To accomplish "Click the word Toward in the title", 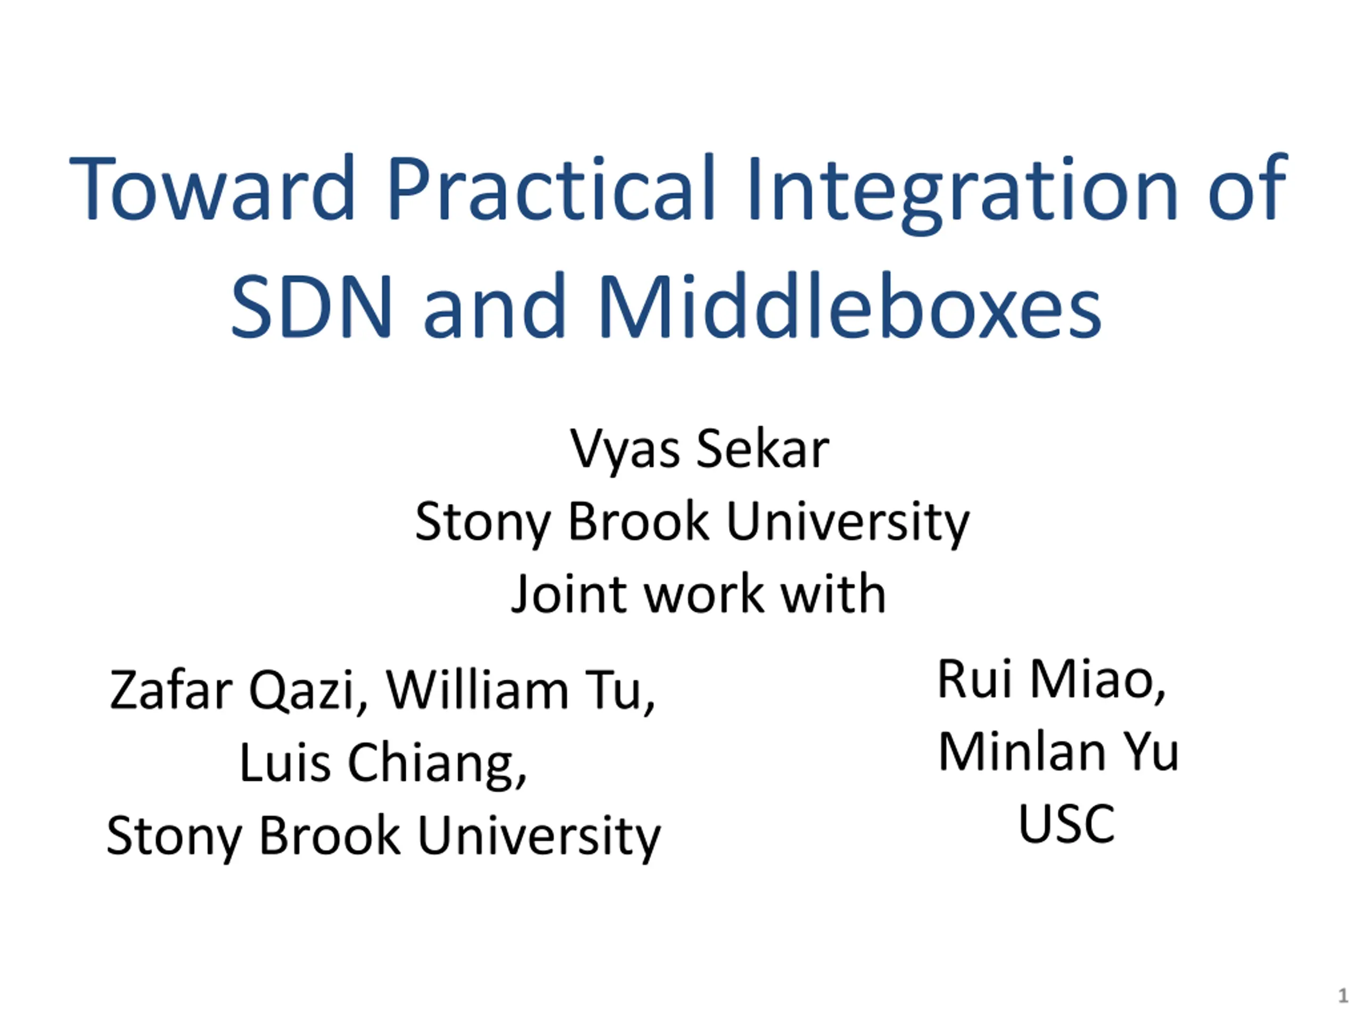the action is pyautogui.click(x=212, y=187).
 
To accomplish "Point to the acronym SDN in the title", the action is pyautogui.click(x=311, y=306).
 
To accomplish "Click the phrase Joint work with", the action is pyautogui.click(x=698, y=594).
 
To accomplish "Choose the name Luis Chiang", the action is pyautogui.click(x=383, y=764).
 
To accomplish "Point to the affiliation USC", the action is pyautogui.click(x=1066, y=823).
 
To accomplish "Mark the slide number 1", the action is pyautogui.click(x=1343, y=995).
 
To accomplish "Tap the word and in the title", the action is pyautogui.click(x=494, y=306).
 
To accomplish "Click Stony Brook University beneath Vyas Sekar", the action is pyautogui.click(x=692, y=522).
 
